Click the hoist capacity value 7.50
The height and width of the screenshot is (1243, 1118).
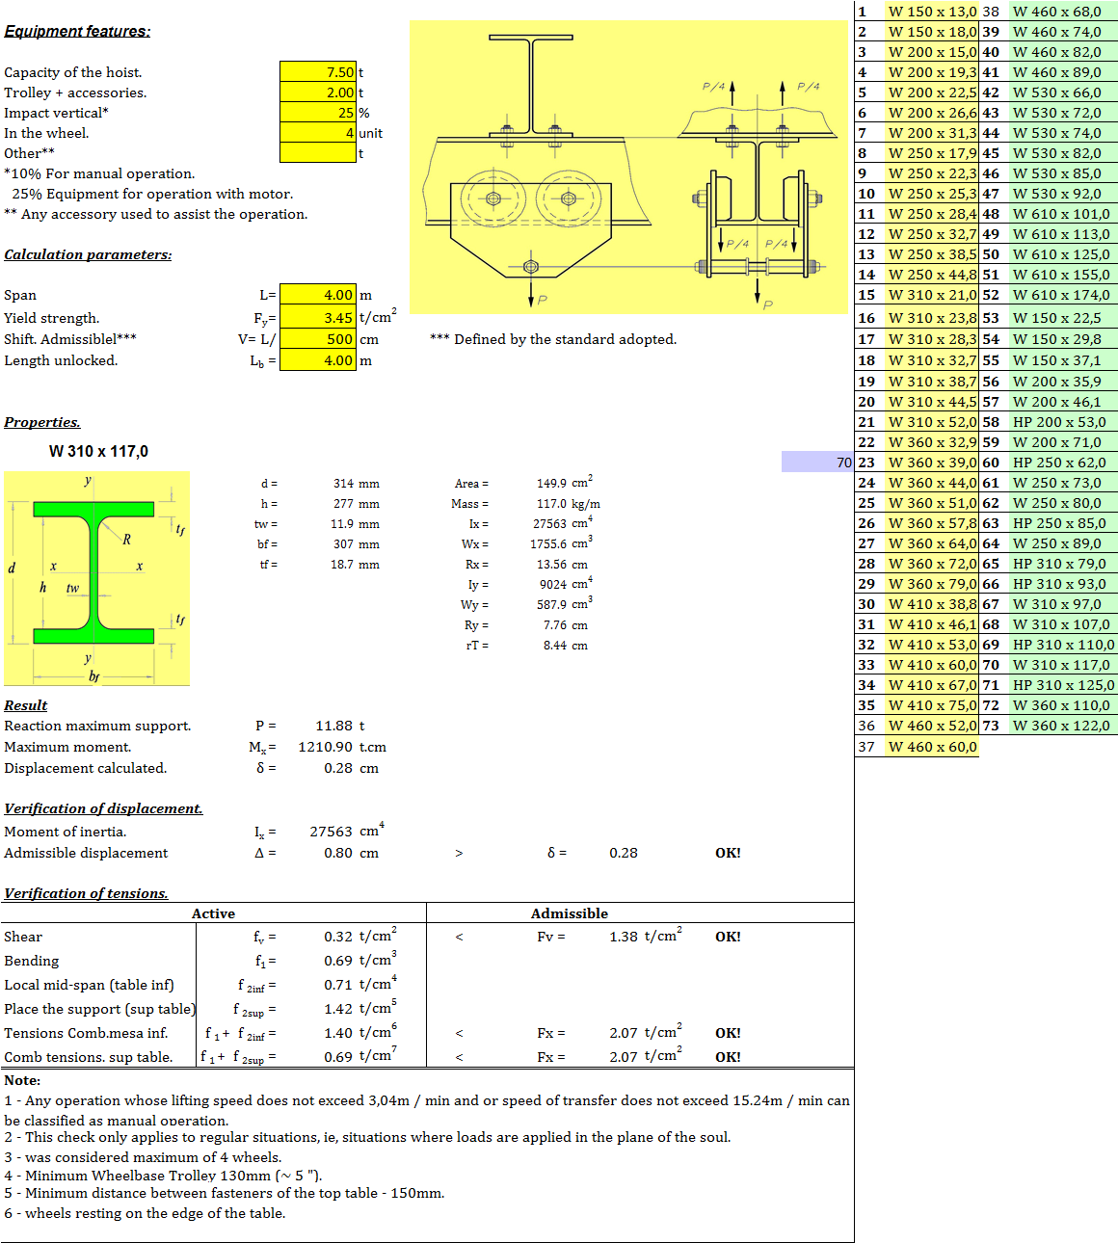[340, 72]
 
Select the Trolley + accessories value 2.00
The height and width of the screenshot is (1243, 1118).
[340, 93]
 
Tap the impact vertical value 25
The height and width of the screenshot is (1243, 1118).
[345, 113]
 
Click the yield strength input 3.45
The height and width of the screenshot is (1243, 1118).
[338, 318]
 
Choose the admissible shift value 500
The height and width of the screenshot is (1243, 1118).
[340, 339]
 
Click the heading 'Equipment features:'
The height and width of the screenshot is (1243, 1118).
[77, 31]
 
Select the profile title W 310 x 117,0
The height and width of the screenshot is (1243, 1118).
[98, 451]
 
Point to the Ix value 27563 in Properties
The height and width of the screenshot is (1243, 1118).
[549, 524]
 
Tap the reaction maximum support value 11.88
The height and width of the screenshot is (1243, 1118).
[333, 726]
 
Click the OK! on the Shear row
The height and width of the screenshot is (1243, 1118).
[728, 937]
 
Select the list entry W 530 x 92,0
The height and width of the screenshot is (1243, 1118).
[1056, 194]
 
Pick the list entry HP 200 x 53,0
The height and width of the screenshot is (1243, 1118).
[1059, 422]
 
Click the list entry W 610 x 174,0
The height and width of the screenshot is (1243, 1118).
[1061, 295]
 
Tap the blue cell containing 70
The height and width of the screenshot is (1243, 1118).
[817, 463]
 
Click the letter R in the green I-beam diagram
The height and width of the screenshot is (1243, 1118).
[126, 539]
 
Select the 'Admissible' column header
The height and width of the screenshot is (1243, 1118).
[570, 913]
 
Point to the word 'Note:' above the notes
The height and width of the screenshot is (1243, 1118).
[22, 1081]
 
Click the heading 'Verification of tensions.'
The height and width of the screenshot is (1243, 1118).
[86, 893]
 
